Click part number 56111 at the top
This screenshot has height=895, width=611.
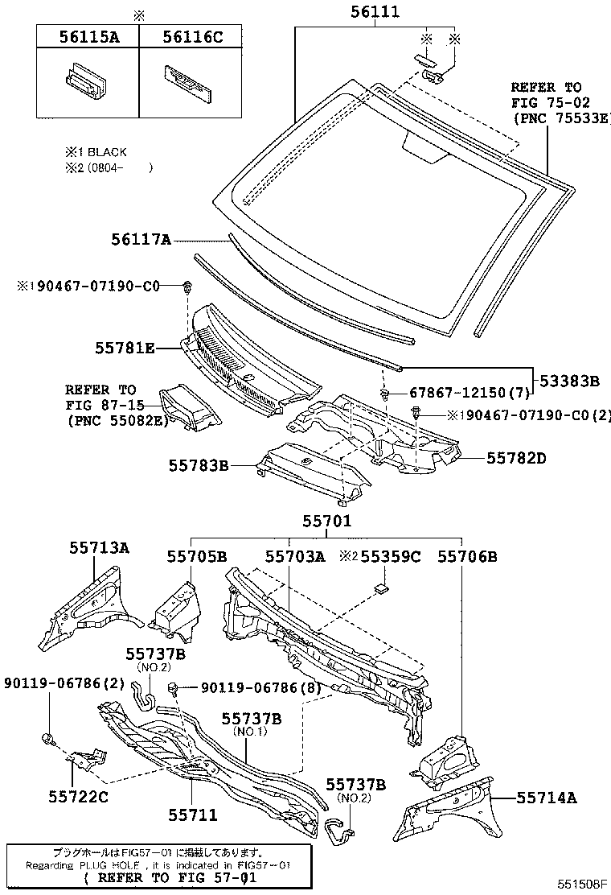[x=375, y=12]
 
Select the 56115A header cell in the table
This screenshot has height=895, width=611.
[x=87, y=36]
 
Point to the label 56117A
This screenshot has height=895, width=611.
[x=141, y=239]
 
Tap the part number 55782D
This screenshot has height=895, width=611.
[x=515, y=457]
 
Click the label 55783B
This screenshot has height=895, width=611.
[x=199, y=465]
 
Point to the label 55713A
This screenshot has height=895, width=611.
[x=99, y=548]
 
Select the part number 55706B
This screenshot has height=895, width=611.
[x=467, y=556]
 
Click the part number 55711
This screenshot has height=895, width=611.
[x=193, y=815]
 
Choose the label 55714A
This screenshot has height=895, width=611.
[x=547, y=798]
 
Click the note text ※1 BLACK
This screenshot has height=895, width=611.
[x=96, y=151]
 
